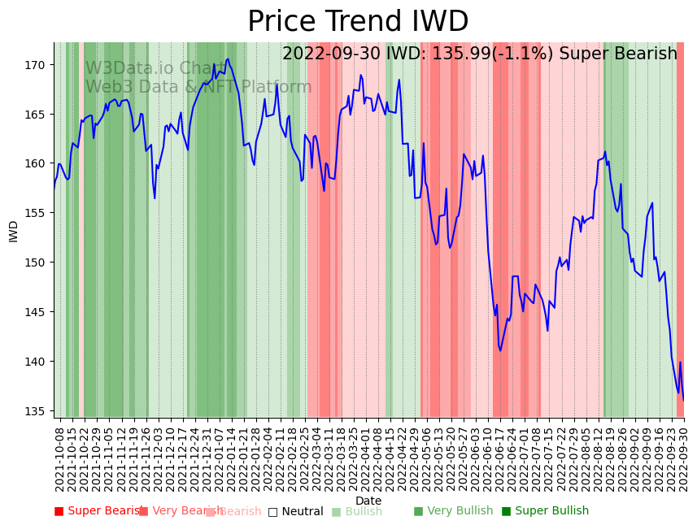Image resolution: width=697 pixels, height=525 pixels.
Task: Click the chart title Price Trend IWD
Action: click(x=358, y=22)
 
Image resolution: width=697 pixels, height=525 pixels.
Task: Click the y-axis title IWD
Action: click(x=14, y=231)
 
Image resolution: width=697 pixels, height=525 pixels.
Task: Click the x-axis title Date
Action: click(x=368, y=501)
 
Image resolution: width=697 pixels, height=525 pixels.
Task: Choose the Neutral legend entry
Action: click(x=296, y=512)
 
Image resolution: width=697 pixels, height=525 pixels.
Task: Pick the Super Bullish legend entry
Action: click(x=545, y=511)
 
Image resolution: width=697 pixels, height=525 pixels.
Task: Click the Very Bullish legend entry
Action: click(x=453, y=511)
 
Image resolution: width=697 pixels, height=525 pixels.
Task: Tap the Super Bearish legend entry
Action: click(x=98, y=511)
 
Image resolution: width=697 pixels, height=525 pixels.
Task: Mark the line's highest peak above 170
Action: click(x=228, y=59)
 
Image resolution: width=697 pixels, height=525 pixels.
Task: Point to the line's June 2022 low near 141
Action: click(x=500, y=350)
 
